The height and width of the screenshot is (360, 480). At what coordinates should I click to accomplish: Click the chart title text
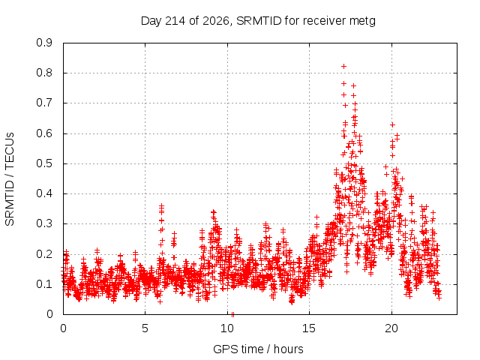pyautogui.click(x=258, y=21)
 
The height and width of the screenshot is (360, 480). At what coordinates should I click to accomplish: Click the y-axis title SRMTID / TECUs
pyautogui.click(x=10, y=179)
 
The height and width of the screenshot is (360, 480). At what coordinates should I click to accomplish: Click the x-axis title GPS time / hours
pyautogui.click(x=258, y=349)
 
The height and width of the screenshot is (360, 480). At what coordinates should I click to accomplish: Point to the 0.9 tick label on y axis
pyautogui.click(x=44, y=43)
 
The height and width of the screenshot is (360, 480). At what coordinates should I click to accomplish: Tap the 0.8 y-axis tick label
pyautogui.click(x=44, y=73)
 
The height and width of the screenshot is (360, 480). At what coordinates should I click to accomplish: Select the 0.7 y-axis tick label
pyautogui.click(x=44, y=103)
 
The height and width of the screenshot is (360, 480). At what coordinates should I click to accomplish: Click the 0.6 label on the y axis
pyautogui.click(x=44, y=133)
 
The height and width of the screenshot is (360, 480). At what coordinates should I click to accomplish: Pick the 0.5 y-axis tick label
pyautogui.click(x=44, y=163)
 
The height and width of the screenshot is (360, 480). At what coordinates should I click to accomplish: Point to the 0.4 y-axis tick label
pyautogui.click(x=44, y=193)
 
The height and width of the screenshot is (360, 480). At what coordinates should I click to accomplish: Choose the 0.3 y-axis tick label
pyautogui.click(x=44, y=223)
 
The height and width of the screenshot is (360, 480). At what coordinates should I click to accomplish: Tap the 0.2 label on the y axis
pyautogui.click(x=44, y=253)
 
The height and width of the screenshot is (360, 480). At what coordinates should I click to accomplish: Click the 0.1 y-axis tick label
pyautogui.click(x=44, y=284)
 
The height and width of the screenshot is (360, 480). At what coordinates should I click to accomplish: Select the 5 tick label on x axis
pyautogui.click(x=145, y=328)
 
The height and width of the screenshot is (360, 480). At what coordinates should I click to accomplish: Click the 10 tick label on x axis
pyautogui.click(x=227, y=328)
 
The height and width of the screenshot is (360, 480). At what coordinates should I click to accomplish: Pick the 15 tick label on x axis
pyautogui.click(x=309, y=328)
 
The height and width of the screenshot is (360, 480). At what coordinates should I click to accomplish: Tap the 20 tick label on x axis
pyautogui.click(x=391, y=328)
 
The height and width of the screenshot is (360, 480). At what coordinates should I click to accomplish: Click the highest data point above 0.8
pyautogui.click(x=343, y=67)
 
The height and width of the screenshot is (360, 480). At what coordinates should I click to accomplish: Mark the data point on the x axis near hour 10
pyautogui.click(x=232, y=314)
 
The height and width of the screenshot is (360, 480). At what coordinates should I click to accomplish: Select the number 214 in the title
pyautogui.click(x=175, y=21)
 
